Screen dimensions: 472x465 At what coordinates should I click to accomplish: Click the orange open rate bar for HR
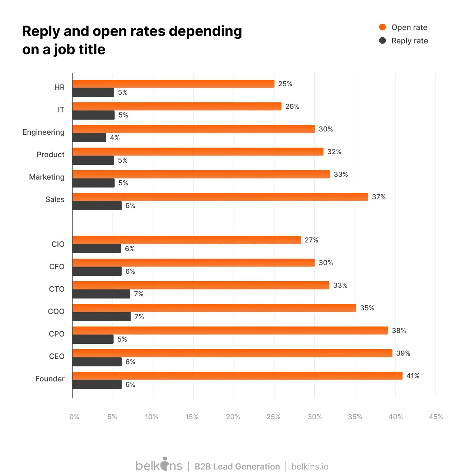tap(173, 84)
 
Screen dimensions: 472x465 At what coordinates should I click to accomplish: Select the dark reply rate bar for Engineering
tap(89, 138)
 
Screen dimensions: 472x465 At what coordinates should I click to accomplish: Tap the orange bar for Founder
tap(237, 376)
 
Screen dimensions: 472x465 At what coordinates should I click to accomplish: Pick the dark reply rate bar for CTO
tap(101, 294)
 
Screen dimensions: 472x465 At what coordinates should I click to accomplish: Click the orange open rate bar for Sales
tap(220, 197)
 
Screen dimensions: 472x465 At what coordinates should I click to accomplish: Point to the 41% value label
tap(413, 376)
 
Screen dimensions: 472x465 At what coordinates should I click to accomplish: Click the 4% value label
tap(115, 138)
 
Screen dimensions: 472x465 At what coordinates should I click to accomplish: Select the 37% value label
tap(379, 197)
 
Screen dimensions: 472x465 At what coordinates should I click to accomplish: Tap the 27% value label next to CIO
tap(311, 240)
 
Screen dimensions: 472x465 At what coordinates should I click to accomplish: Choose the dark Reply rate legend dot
tap(382, 41)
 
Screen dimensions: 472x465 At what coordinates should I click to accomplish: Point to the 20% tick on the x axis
tap(233, 417)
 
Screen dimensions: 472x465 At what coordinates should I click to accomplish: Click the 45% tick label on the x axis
tap(436, 417)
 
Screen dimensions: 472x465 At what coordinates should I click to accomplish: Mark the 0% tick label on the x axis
tap(74, 417)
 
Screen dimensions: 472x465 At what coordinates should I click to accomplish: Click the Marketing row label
tap(47, 177)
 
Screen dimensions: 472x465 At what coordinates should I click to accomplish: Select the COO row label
tap(56, 311)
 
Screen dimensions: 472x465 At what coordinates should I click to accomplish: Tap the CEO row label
tap(57, 356)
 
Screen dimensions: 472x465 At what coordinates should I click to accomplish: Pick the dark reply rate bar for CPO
tap(93, 339)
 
